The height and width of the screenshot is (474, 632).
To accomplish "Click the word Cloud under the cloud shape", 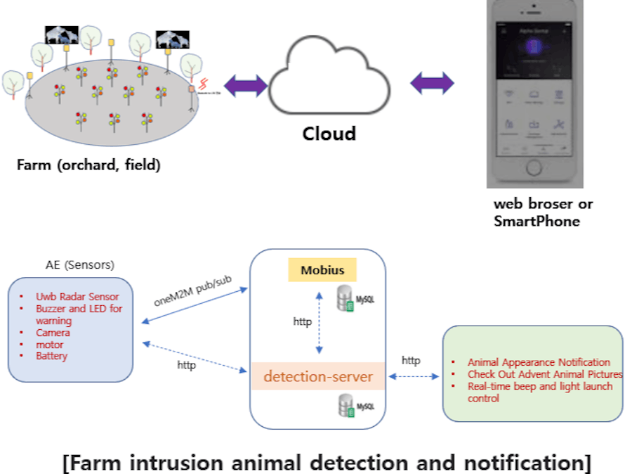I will [x=329, y=134].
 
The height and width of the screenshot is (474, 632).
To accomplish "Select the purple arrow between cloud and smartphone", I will [x=432, y=82].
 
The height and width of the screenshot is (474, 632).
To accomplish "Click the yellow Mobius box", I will [x=322, y=270].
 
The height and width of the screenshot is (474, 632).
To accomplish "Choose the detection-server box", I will [x=318, y=376].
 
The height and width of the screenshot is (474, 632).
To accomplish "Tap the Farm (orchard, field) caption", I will [x=89, y=166].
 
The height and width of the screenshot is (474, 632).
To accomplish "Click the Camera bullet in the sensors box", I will [x=53, y=333].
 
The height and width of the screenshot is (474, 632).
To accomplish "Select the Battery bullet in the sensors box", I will [x=52, y=356].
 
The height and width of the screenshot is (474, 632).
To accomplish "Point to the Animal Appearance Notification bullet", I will [x=539, y=362].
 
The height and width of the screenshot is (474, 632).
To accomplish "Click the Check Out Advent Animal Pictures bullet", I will [x=545, y=374].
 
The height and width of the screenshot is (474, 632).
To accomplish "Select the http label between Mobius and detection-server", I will [x=303, y=322].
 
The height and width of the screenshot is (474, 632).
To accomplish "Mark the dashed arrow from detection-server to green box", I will [x=414, y=377].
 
